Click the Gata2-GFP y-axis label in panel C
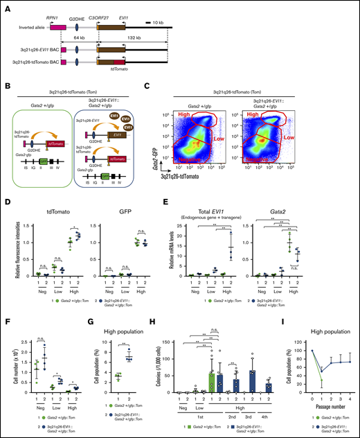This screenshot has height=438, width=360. click(x=164, y=155)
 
